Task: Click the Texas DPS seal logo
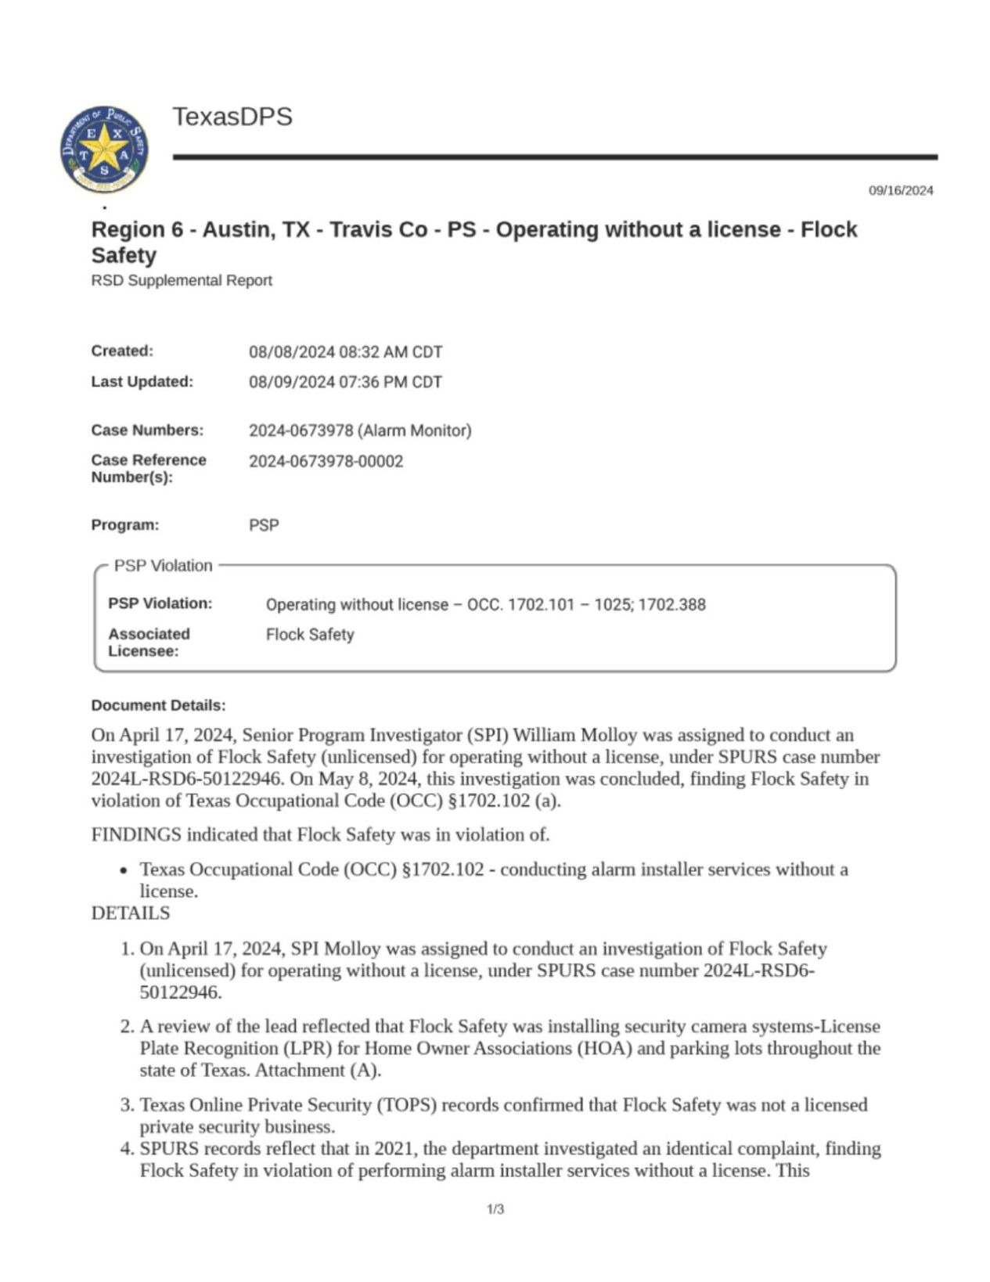click(x=104, y=149)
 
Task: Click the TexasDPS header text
click(x=232, y=117)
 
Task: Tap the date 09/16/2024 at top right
click(x=900, y=190)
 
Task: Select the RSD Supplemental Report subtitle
click(x=181, y=280)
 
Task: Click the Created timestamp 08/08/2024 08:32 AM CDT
click(x=345, y=352)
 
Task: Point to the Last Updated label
click(x=142, y=382)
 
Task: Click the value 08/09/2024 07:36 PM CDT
click(x=345, y=382)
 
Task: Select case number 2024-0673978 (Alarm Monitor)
click(x=360, y=430)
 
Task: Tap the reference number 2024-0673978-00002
click(x=326, y=461)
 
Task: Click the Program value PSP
click(x=264, y=525)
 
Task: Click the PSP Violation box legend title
click(x=163, y=566)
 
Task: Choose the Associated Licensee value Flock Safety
click(x=310, y=635)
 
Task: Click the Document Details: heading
click(x=158, y=705)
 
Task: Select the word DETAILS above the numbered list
click(x=130, y=913)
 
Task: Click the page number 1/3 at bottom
click(x=495, y=1209)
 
